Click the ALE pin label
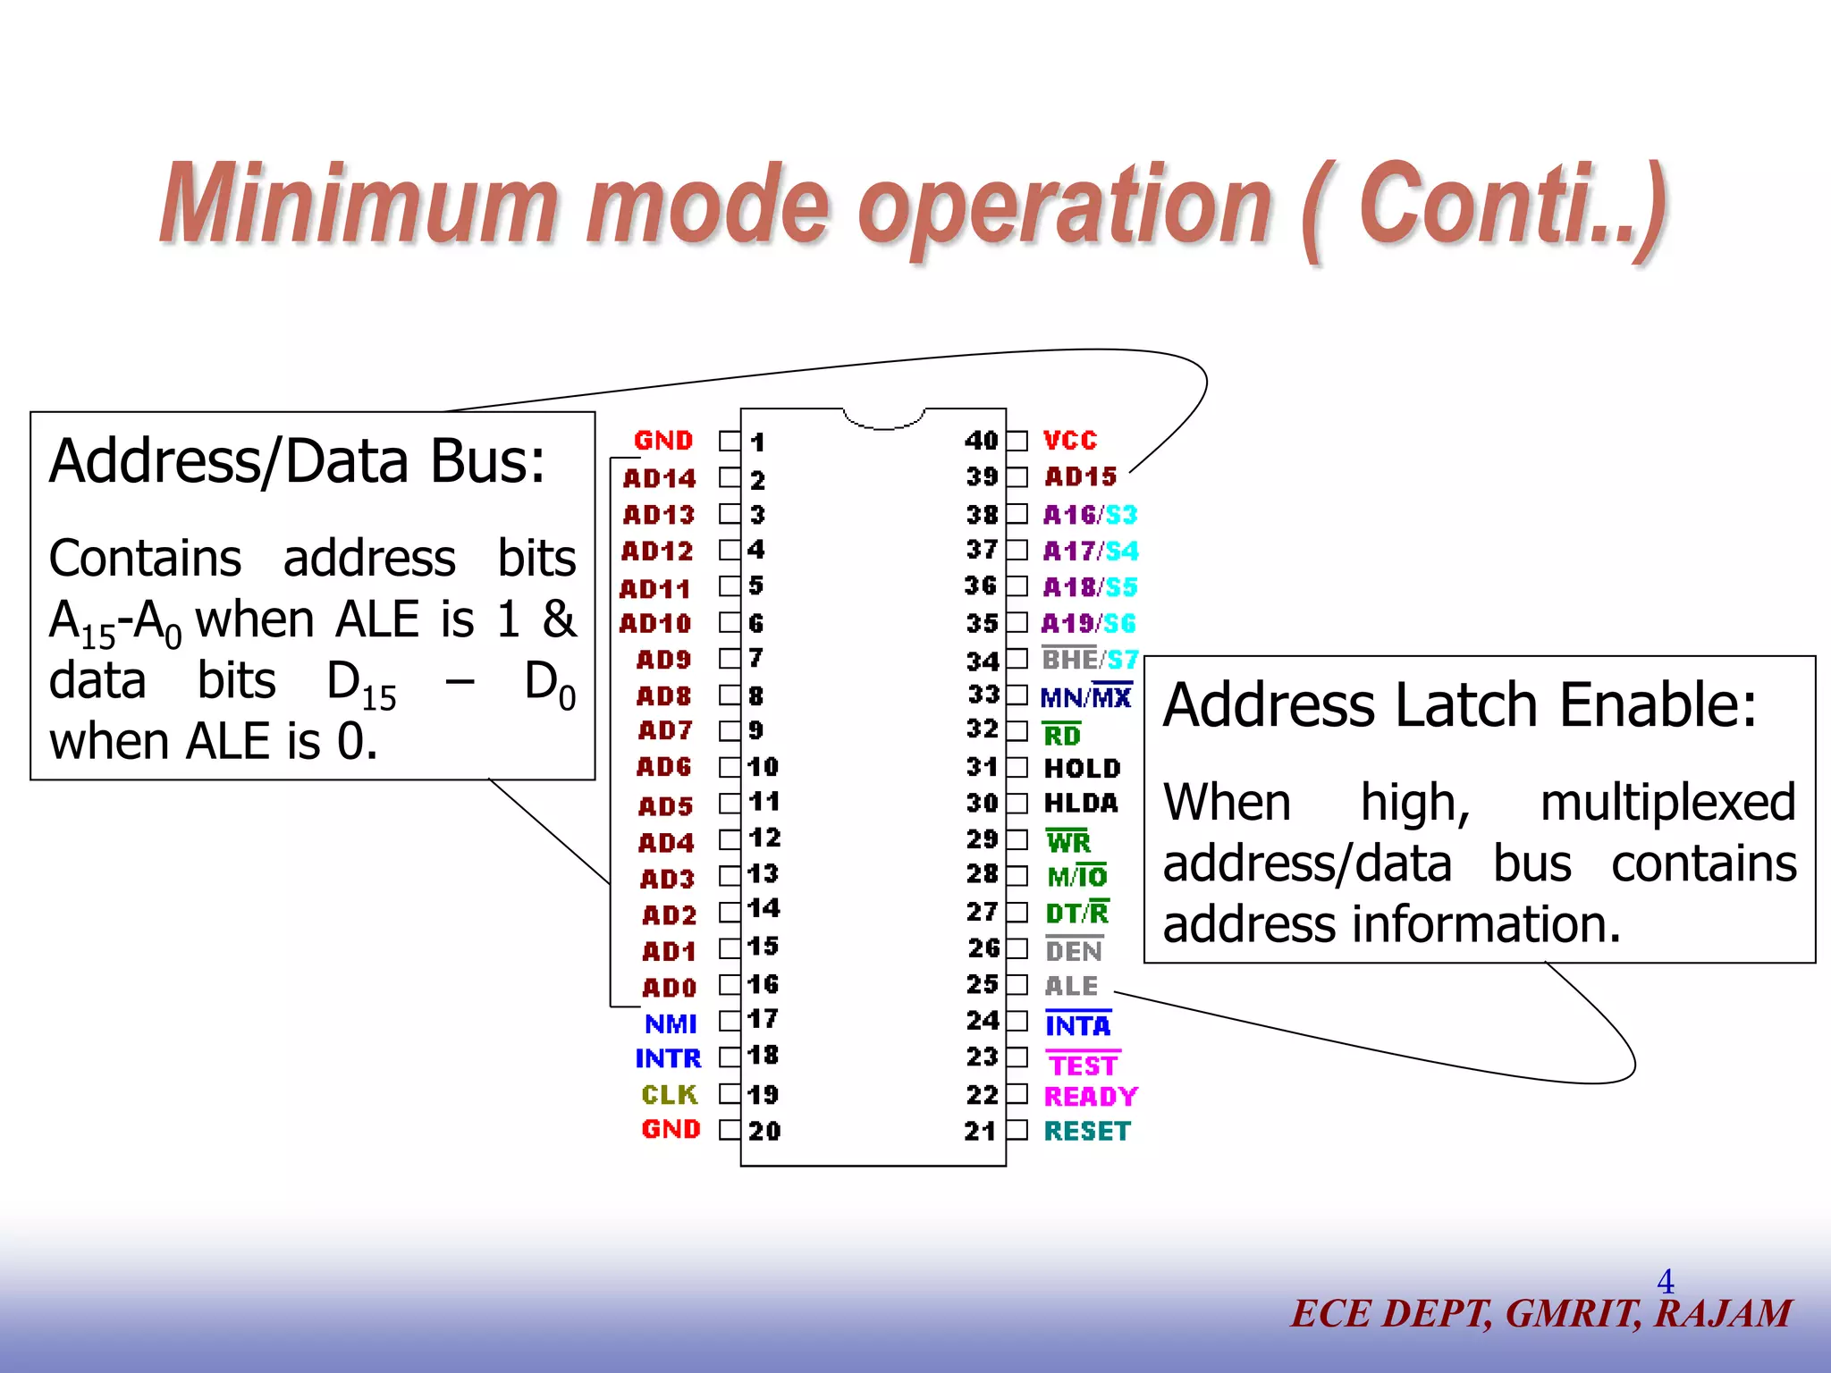pos(1071,986)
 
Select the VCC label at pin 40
pos(1070,441)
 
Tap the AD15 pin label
pos(1080,477)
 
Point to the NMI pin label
pos(671,1023)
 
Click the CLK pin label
pos(669,1095)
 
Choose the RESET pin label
pos(1087,1132)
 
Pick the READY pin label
pos(1091,1096)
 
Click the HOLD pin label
pos(1082,769)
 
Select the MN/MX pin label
pos(1086,697)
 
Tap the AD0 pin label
pos(669,988)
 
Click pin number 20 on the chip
pos(764,1132)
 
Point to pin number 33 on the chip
pos(983,695)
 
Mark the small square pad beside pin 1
pos(730,441)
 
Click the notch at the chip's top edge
pos(883,418)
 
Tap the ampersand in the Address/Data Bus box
pos(560,619)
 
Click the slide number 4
pos(1665,1282)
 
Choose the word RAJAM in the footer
pos(1723,1314)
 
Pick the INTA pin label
pos(1077,1025)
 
